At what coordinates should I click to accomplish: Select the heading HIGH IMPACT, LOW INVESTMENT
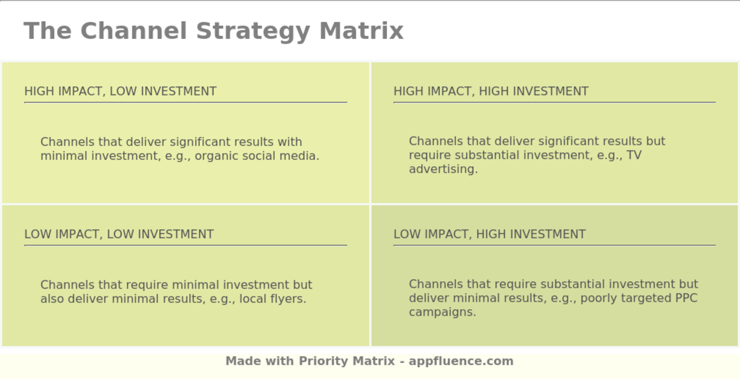tap(121, 91)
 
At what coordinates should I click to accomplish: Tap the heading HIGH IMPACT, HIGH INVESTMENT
tap(491, 91)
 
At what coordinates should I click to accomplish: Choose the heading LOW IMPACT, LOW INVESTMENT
tap(119, 234)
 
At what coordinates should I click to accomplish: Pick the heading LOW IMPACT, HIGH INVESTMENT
tap(489, 234)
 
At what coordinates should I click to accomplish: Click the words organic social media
tap(257, 156)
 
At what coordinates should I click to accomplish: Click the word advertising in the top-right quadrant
tap(443, 169)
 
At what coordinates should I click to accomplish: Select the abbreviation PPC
tap(686, 298)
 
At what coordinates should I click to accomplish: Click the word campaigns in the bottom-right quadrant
tap(442, 312)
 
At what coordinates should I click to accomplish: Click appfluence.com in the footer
tap(461, 361)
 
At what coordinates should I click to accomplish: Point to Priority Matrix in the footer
tap(347, 361)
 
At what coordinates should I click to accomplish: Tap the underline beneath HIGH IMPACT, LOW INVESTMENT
tap(186, 102)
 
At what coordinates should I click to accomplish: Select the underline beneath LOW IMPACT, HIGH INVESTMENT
tap(554, 245)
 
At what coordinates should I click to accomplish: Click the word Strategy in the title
tap(253, 31)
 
